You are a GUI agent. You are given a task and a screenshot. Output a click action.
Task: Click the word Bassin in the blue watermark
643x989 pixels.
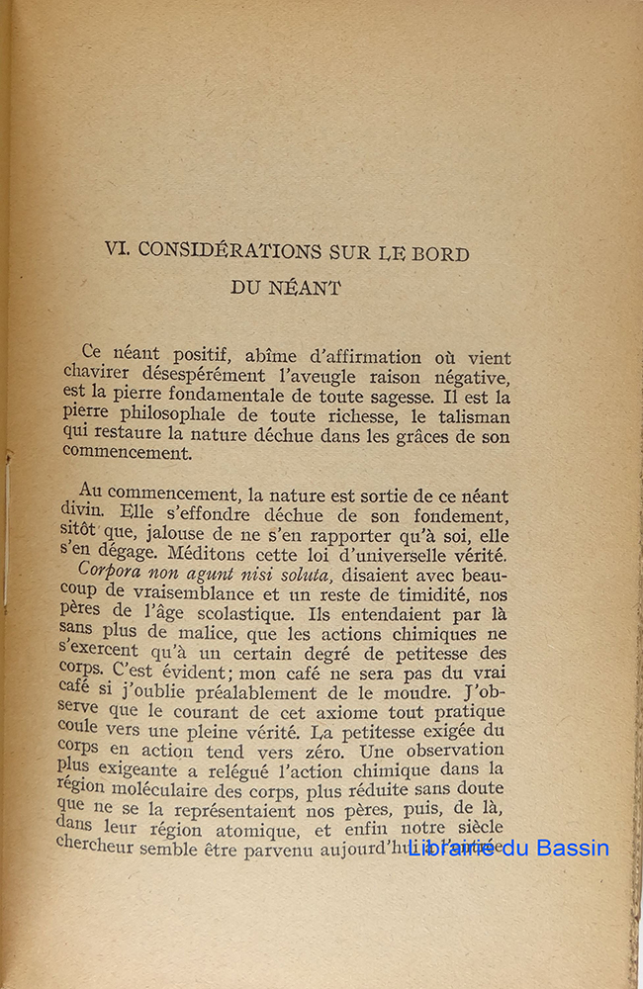tap(572, 848)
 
